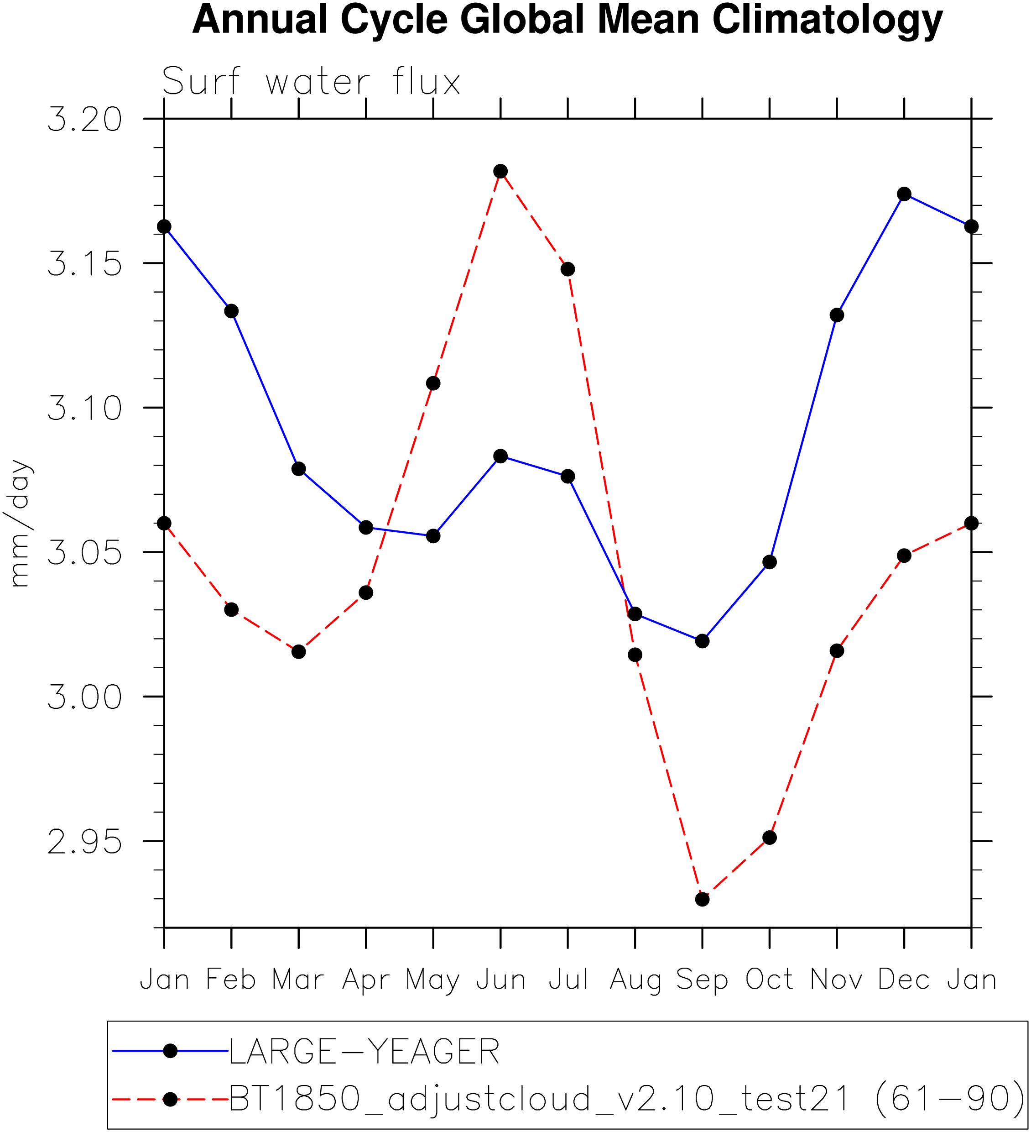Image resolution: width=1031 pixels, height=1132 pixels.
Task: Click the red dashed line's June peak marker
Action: tap(500, 171)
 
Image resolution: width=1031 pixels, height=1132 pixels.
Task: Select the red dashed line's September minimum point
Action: tap(702, 899)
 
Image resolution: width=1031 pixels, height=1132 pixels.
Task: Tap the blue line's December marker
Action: tap(904, 194)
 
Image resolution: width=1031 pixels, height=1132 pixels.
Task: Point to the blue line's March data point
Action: tap(299, 469)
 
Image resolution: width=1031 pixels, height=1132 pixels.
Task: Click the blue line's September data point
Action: tap(702, 641)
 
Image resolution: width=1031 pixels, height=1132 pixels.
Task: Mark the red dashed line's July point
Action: tap(568, 269)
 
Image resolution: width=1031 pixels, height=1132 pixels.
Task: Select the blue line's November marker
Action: tap(837, 315)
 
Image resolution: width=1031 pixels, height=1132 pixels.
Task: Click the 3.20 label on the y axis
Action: tap(85, 120)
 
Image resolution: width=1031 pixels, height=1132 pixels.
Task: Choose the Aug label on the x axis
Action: tap(635, 980)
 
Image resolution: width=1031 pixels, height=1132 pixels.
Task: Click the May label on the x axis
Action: tap(433, 980)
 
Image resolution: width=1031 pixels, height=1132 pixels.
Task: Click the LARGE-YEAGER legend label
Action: tap(364, 1052)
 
